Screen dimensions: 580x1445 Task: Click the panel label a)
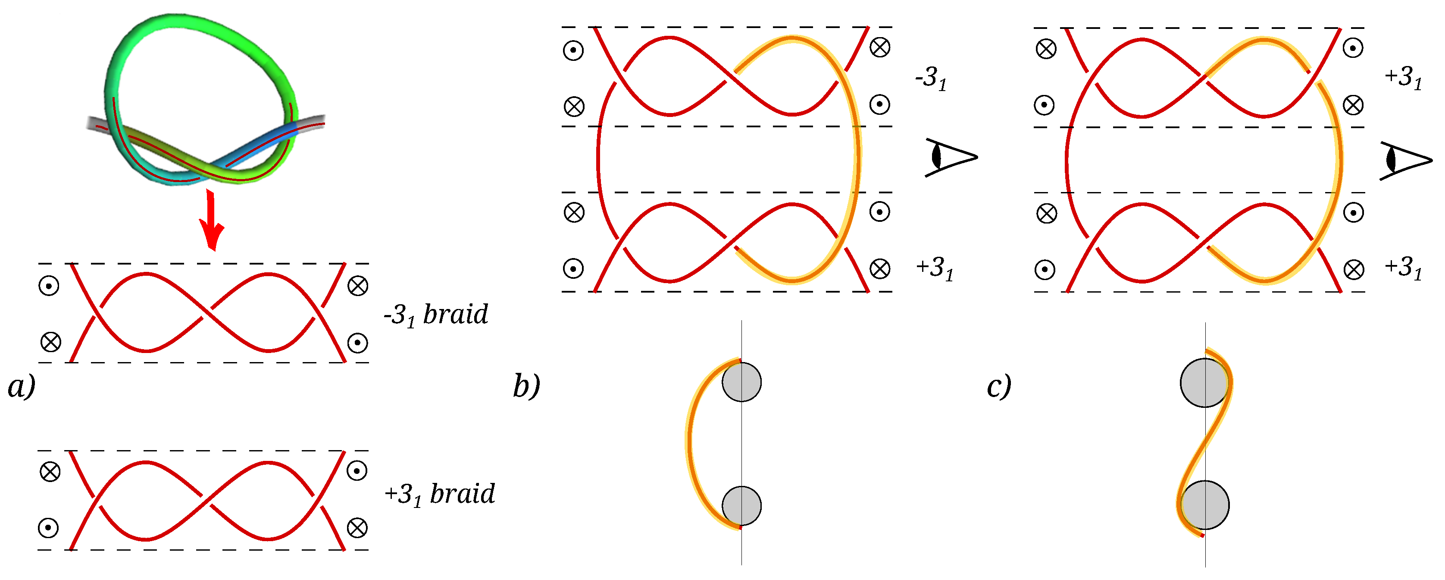[x=21, y=386]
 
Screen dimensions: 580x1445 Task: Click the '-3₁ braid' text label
[x=436, y=315]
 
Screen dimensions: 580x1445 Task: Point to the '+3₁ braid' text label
[x=440, y=495]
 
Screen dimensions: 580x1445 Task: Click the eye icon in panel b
[x=950, y=157]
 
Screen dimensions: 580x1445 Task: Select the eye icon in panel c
[x=1404, y=160]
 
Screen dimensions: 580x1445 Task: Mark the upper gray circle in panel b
[x=741, y=382]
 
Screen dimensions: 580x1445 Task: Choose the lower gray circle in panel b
[x=741, y=505]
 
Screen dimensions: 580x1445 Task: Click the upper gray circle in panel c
[x=1204, y=383]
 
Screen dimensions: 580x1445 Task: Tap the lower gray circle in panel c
[x=1205, y=505]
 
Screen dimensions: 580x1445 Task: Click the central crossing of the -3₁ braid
[x=206, y=313]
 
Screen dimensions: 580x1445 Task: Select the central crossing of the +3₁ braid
[x=206, y=500]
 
